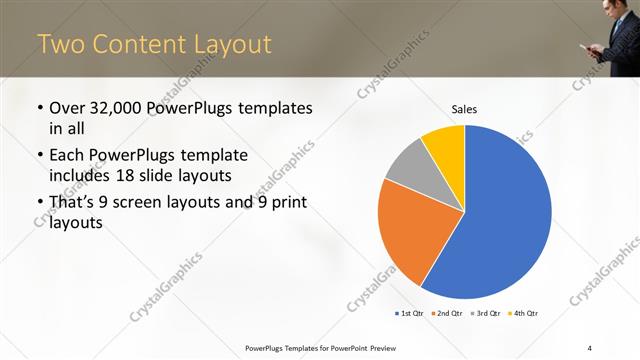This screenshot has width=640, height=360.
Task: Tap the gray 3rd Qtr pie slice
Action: (x=408, y=165)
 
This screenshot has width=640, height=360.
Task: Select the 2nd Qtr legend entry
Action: (x=446, y=314)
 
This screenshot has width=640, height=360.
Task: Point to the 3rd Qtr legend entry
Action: (x=485, y=314)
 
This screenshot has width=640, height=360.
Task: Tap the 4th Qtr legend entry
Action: (x=523, y=314)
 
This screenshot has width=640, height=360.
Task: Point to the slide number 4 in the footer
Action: (x=590, y=347)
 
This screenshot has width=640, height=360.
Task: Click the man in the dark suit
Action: (x=612, y=35)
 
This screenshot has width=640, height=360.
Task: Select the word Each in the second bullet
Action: (x=68, y=155)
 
